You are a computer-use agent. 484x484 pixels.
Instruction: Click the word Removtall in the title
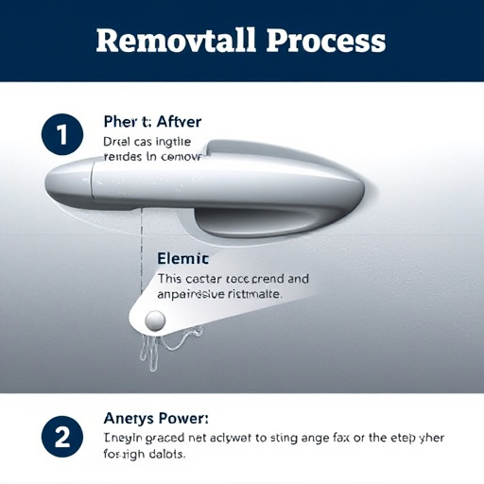click(175, 41)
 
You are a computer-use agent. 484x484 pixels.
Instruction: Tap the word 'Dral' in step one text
click(114, 141)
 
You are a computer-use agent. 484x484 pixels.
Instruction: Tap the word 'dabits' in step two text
click(164, 454)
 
